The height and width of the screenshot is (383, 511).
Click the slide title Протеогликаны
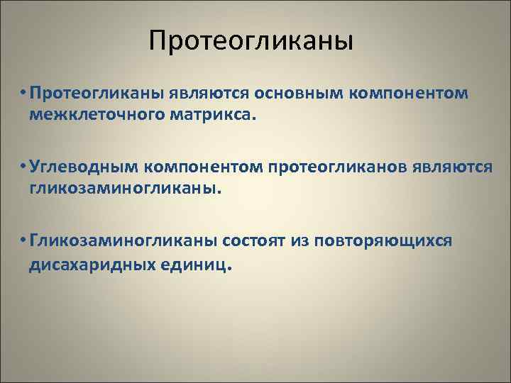point(251,40)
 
